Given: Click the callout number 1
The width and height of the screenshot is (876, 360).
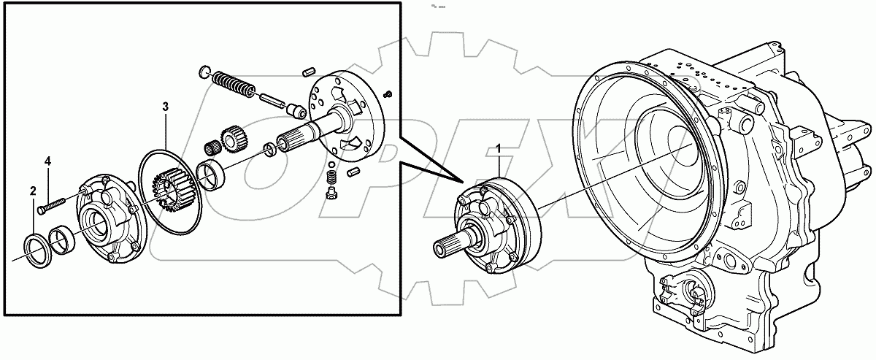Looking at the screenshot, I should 499,149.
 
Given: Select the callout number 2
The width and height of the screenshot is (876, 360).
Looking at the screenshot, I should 34,191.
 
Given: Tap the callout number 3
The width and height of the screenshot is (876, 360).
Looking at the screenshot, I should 166,107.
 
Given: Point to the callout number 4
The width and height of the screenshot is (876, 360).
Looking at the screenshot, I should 48,161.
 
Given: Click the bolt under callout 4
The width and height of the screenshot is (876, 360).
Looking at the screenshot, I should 53,203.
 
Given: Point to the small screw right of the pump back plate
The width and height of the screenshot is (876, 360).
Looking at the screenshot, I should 389,93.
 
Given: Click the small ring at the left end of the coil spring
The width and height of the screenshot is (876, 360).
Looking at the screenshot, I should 205,71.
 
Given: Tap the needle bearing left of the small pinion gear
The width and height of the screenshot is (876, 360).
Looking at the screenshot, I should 212,147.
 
